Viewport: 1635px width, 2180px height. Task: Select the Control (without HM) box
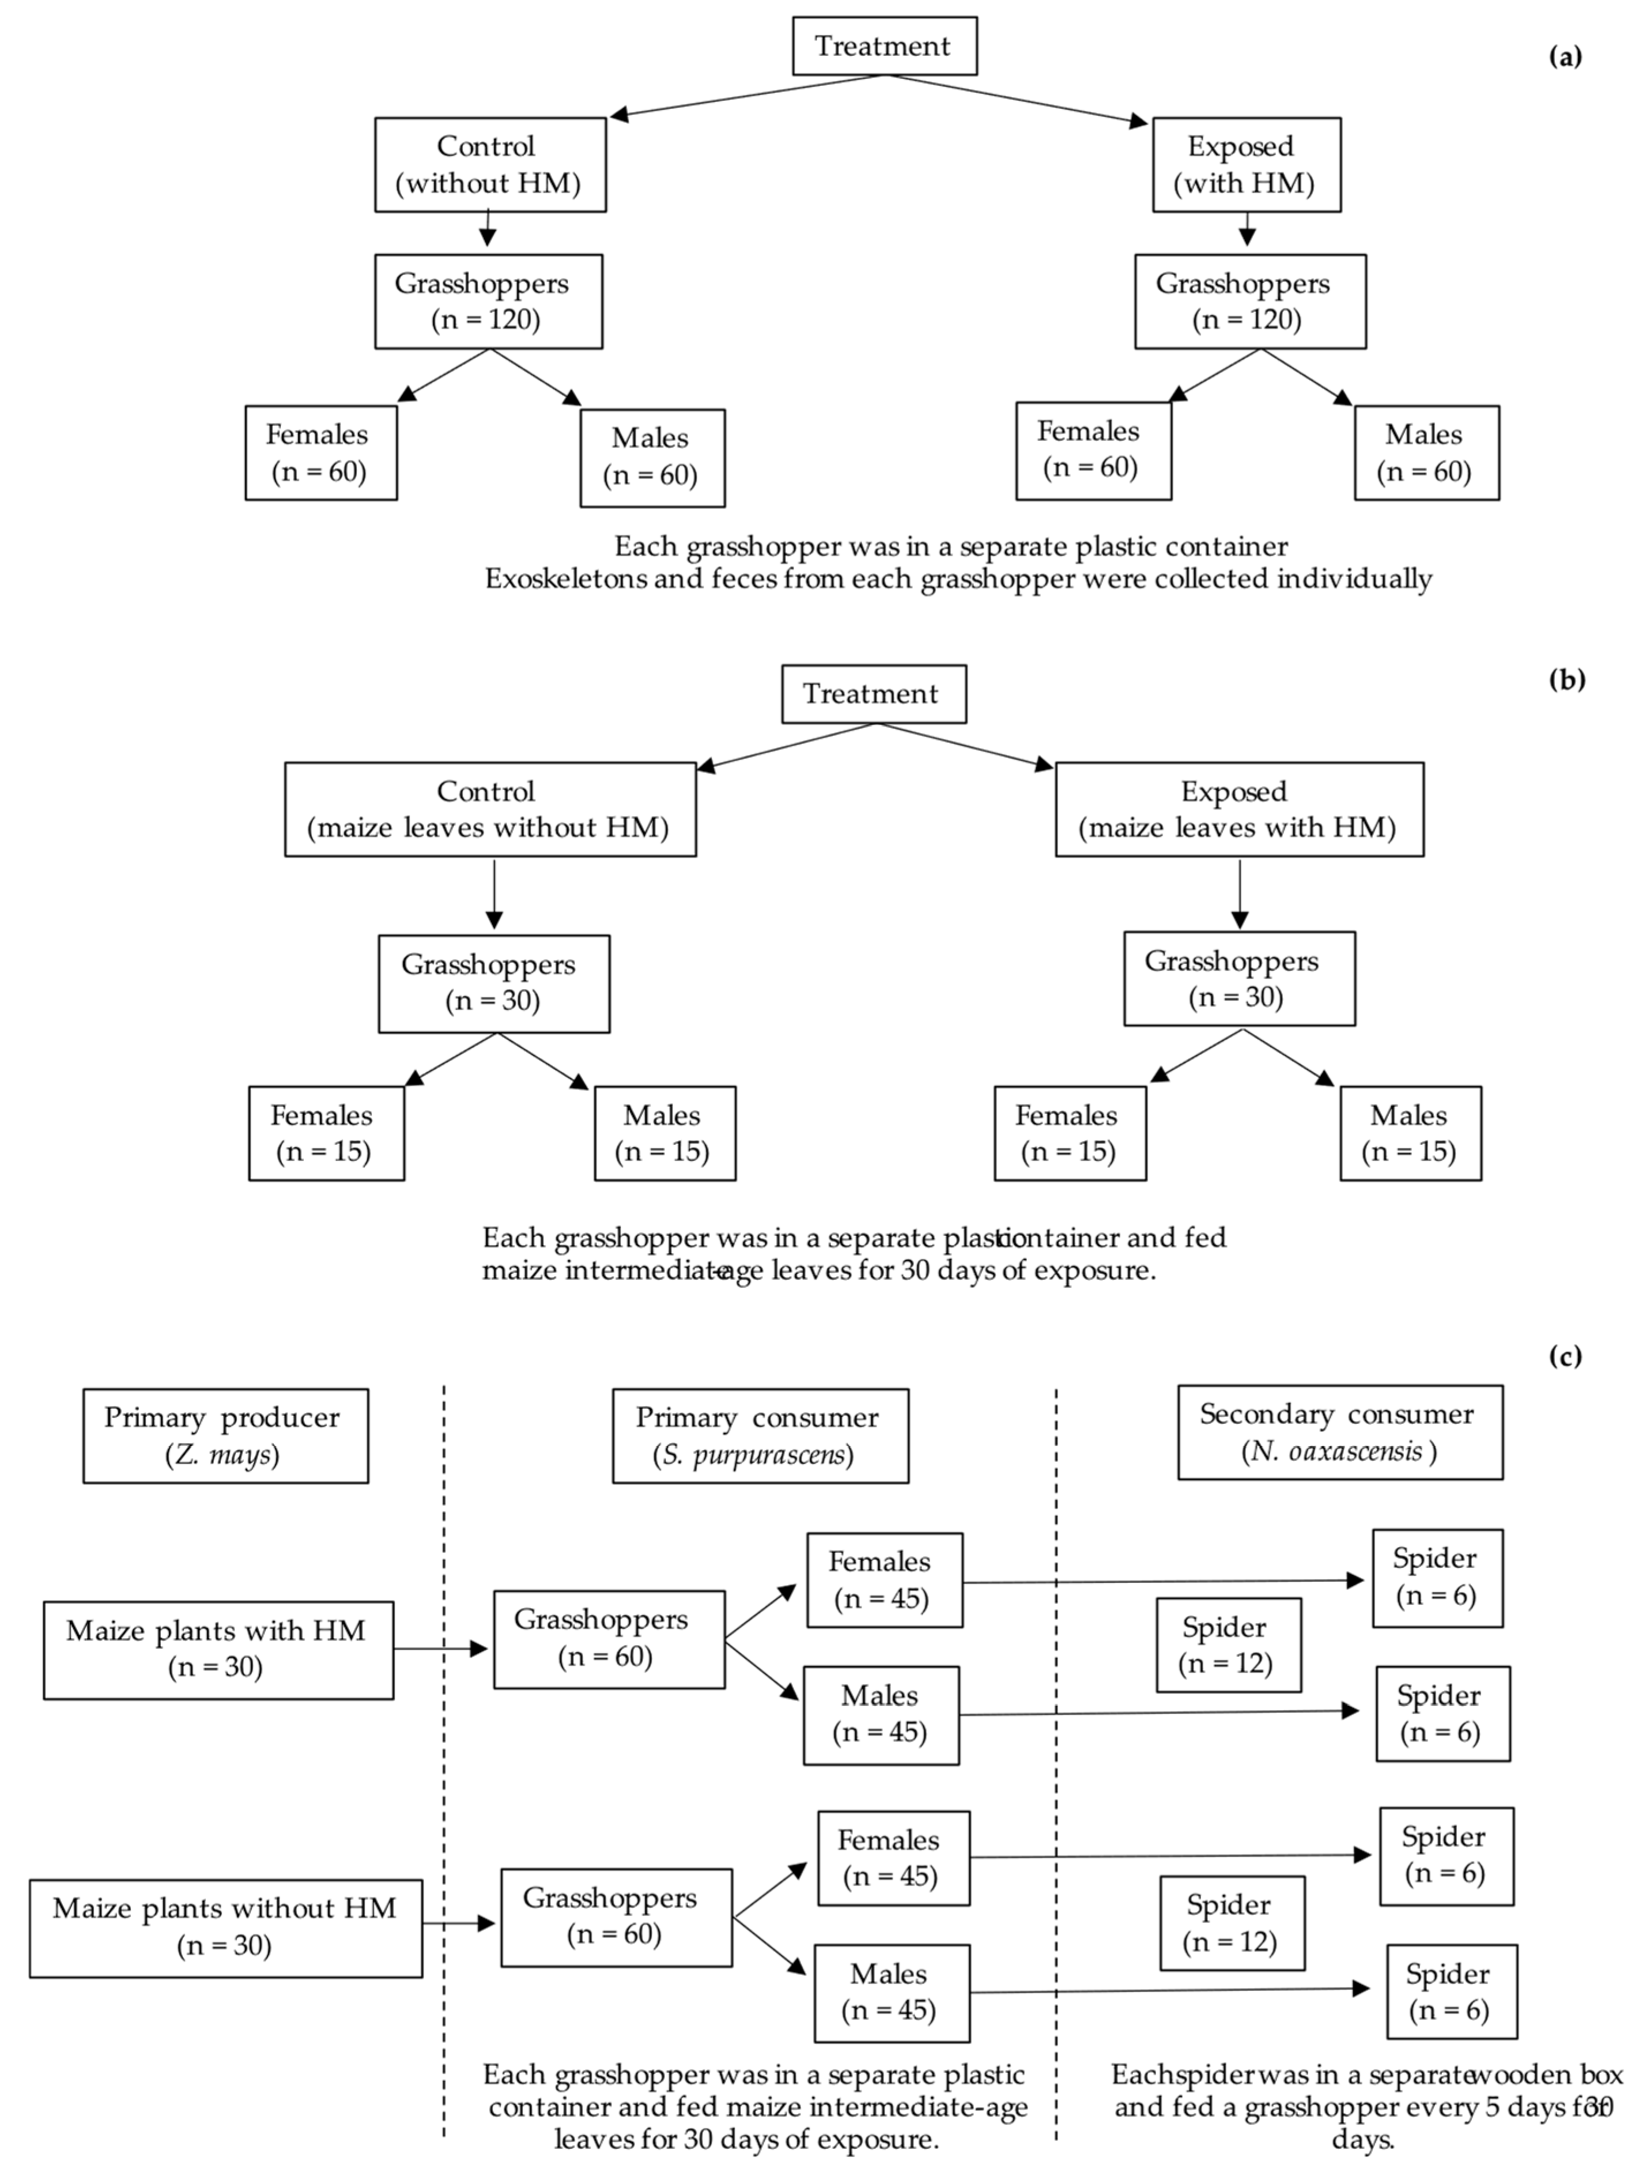pos(490,165)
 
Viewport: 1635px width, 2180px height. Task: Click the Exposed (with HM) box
pos(1246,165)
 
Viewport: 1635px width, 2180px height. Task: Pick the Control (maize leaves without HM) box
pos(490,809)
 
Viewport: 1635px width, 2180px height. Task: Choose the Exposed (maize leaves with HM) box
pos(1239,809)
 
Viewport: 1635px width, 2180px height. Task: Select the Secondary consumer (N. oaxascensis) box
pos(1339,1432)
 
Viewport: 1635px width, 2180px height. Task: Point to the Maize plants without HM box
pos(226,1928)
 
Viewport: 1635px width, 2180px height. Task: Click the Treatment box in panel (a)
pos(884,46)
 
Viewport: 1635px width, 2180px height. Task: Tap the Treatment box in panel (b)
pos(873,694)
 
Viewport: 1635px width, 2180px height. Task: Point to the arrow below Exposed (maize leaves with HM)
pos(1239,893)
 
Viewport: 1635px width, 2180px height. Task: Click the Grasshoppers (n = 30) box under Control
pos(494,983)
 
